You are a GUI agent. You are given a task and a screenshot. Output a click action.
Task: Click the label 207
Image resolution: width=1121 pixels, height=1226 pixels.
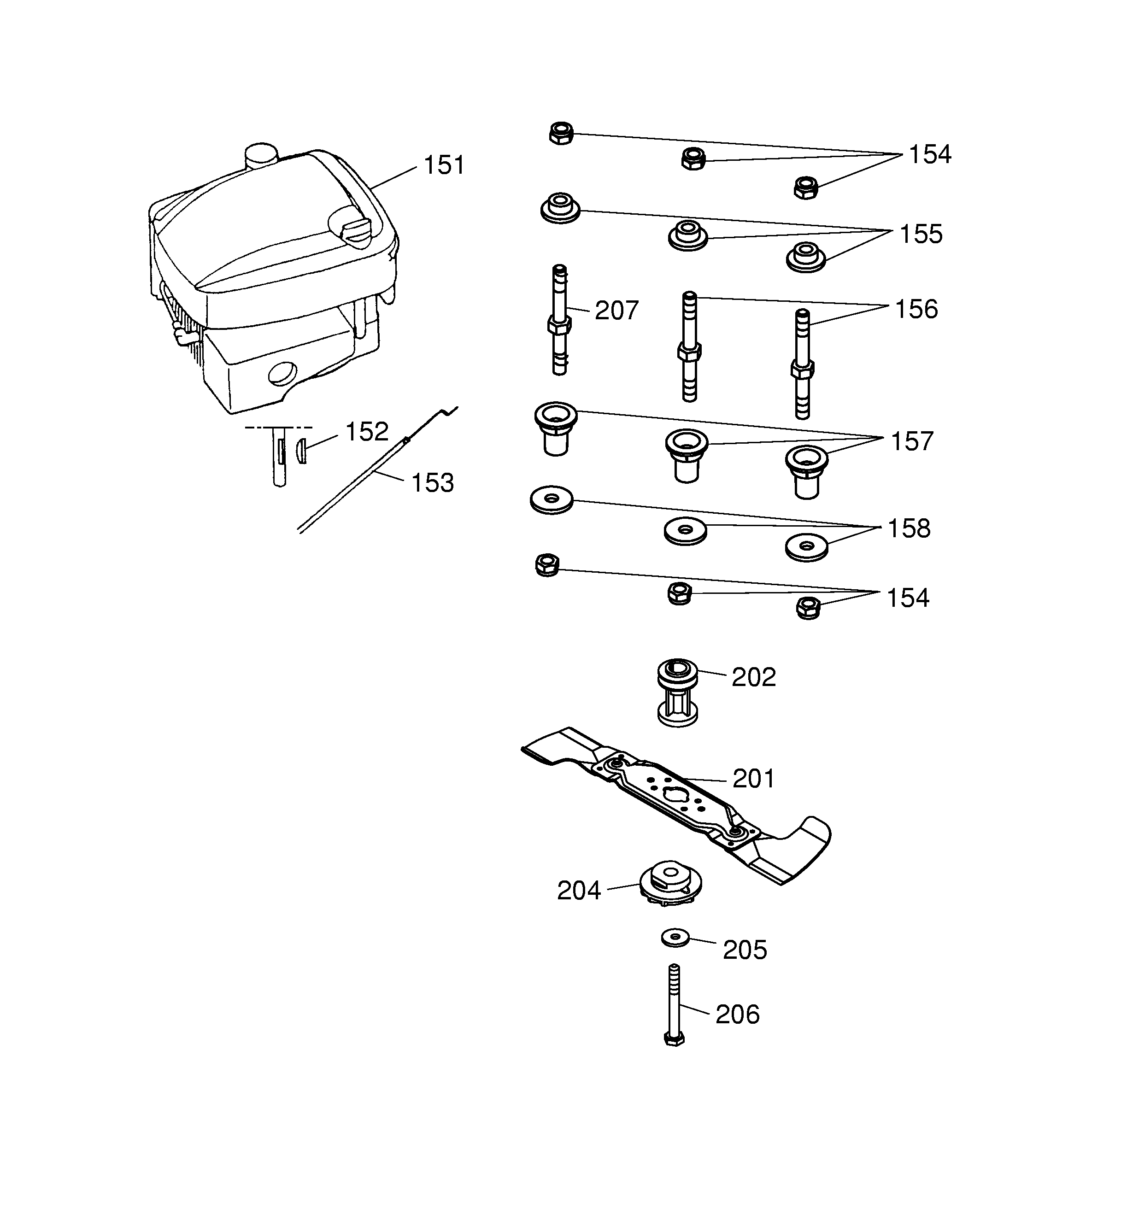coord(616,310)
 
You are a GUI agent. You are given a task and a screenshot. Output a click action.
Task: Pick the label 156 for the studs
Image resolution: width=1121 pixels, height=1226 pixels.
coord(916,309)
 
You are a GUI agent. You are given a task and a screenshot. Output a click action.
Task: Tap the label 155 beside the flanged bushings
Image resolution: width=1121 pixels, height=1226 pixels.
coord(920,234)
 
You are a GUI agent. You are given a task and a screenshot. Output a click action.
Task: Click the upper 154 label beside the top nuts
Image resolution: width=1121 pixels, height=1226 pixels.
coord(929,154)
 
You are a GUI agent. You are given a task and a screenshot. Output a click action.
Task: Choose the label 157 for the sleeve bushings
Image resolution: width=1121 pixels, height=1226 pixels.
coord(911,441)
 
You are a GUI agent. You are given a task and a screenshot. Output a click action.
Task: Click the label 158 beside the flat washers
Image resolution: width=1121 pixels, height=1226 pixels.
coord(909,528)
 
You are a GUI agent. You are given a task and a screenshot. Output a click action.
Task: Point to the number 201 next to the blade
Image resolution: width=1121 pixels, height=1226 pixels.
coord(753,779)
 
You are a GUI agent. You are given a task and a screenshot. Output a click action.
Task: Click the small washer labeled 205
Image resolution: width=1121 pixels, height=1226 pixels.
coord(675,937)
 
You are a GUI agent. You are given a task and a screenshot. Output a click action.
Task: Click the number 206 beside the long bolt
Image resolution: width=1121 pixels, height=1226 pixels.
coord(737,1015)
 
